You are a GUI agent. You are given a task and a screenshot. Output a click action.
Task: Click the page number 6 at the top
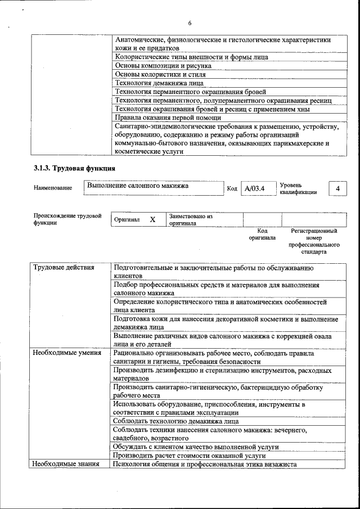click(190, 22)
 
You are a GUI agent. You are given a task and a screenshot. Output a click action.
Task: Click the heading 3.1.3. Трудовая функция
click(75, 168)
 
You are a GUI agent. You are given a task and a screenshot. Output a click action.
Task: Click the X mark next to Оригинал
click(152, 220)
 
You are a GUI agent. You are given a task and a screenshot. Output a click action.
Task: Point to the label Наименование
click(52, 188)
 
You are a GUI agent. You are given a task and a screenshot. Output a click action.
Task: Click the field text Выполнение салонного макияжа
click(137, 186)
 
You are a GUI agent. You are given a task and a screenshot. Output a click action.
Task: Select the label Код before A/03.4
click(232, 188)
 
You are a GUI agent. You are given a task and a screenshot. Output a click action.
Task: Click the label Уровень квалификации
click(298, 188)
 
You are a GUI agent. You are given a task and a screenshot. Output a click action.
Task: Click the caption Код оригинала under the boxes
click(262, 234)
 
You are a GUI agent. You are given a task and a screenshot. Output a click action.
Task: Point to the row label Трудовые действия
click(64, 268)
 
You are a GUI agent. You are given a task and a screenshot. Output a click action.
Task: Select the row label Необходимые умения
click(67, 353)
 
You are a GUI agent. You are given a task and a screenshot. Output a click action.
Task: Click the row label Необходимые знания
click(66, 464)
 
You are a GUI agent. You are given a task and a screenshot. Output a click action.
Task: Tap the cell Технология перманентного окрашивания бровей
click(190, 92)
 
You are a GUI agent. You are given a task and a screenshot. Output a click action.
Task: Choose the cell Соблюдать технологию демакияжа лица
click(175, 421)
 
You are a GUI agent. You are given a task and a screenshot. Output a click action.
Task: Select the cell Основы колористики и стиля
click(160, 74)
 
